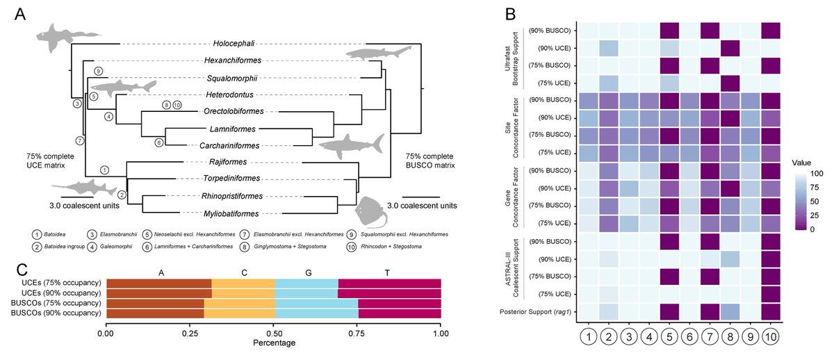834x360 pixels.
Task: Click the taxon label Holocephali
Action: tap(234, 44)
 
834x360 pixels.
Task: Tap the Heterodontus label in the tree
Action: tap(230, 95)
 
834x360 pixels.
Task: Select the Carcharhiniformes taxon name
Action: tap(229, 145)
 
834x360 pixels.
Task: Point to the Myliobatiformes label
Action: tap(231, 213)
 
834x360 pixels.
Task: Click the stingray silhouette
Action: tap(369, 212)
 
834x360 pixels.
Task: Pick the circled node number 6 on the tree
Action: tap(159, 142)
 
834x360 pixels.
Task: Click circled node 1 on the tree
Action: tap(105, 170)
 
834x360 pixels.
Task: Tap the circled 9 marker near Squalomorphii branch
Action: tap(98, 71)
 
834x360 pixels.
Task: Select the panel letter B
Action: tap(510, 14)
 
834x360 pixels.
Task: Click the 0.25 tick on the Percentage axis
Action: tap(190, 333)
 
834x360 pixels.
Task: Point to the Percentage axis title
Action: tap(274, 343)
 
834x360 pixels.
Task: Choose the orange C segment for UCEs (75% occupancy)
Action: tap(243, 284)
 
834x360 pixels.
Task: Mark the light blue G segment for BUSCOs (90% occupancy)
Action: tap(317, 313)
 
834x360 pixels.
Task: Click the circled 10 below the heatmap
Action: tap(771, 337)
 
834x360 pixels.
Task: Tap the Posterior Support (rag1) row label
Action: tap(535, 312)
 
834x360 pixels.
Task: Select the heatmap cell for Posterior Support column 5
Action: tap(669, 312)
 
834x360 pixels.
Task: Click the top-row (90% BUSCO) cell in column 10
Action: tap(771, 31)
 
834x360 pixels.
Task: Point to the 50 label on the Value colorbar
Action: tap(815, 202)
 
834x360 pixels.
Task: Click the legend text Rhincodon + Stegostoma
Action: tap(391, 247)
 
